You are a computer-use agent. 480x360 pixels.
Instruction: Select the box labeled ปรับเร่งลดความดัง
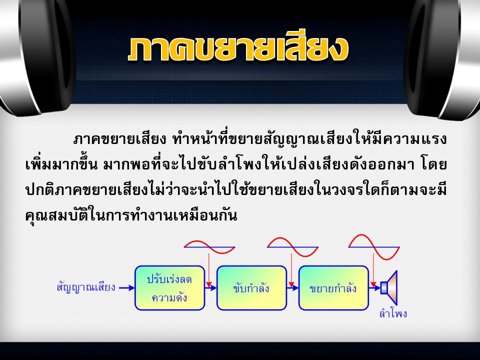coord(170,288)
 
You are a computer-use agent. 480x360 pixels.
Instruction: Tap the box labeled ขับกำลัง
coord(251,288)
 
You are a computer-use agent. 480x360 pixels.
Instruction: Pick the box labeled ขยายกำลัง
coord(333,288)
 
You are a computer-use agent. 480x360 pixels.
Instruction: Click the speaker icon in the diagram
coord(389,288)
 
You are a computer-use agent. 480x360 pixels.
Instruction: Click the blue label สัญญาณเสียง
coord(86,287)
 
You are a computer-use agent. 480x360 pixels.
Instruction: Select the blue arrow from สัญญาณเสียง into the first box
coord(126,288)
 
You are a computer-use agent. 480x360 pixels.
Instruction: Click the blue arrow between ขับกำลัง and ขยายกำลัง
coord(292,288)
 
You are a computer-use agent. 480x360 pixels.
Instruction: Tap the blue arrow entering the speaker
coord(374,288)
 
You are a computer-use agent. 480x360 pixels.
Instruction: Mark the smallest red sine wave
coord(209,246)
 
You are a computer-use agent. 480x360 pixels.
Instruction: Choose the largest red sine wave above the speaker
coord(374,246)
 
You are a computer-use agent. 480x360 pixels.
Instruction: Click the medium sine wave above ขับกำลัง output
coord(292,246)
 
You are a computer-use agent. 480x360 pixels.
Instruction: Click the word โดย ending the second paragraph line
coord(434,164)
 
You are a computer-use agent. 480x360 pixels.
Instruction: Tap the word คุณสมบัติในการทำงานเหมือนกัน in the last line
coord(131,215)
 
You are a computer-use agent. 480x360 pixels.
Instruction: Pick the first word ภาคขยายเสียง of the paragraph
coord(119,139)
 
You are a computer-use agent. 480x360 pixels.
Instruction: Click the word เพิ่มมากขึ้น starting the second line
coord(61,164)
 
